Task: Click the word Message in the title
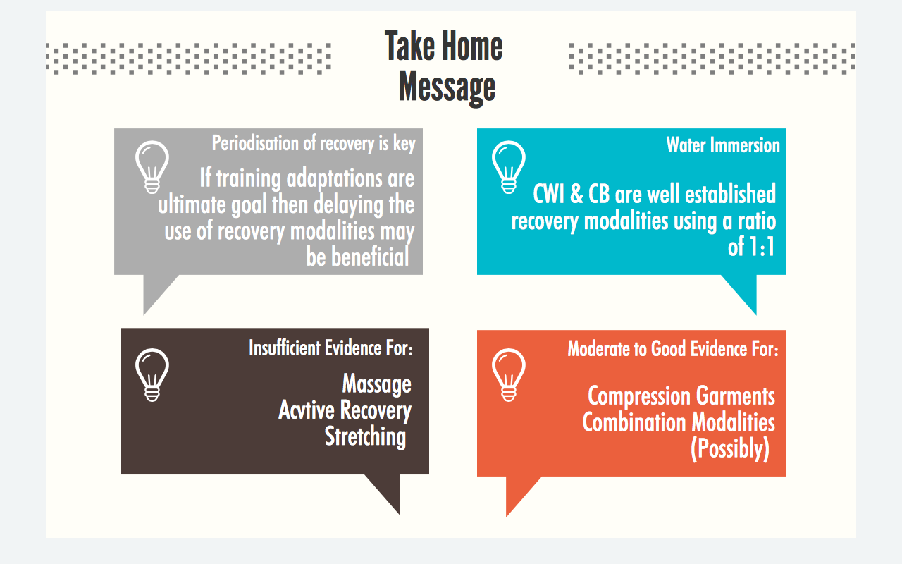point(447,88)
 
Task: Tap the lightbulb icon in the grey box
point(152,167)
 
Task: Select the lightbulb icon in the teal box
point(509,167)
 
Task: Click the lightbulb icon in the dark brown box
point(152,374)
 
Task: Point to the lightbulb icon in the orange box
point(509,374)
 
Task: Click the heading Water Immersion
point(723,145)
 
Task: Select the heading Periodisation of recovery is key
point(314,144)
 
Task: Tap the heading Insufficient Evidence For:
point(331,348)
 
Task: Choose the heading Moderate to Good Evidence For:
point(673,349)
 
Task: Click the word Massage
point(377,384)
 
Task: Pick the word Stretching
point(365,436)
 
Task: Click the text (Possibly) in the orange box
point(730,449)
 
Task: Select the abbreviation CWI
point(548,194)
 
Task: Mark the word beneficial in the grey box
point(370,257)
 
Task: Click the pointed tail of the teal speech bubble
point(756,314)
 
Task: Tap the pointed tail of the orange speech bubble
point(507,515)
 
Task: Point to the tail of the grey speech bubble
point(144,314)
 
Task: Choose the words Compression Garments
point(681,396)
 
